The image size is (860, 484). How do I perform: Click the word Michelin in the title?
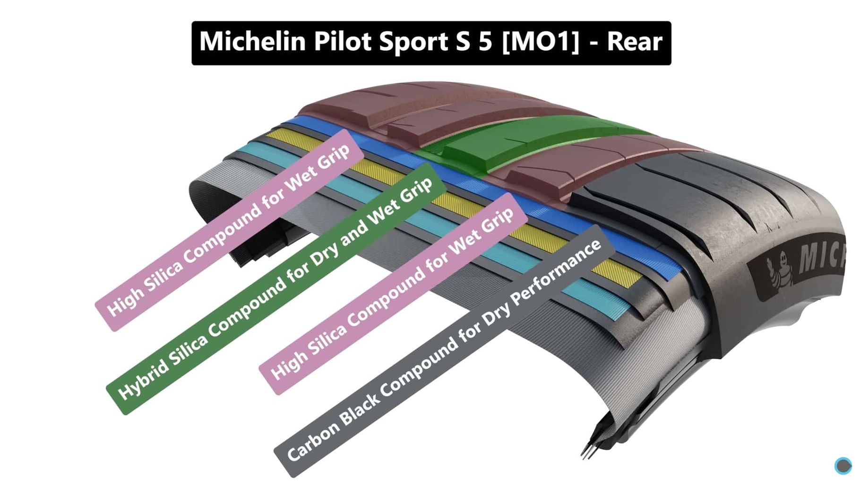pos(252,42)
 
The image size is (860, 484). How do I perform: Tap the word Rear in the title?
pos(634,42)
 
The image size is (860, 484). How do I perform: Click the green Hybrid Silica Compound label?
pos(276,289)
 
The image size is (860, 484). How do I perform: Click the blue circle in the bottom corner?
pos(843,466)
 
